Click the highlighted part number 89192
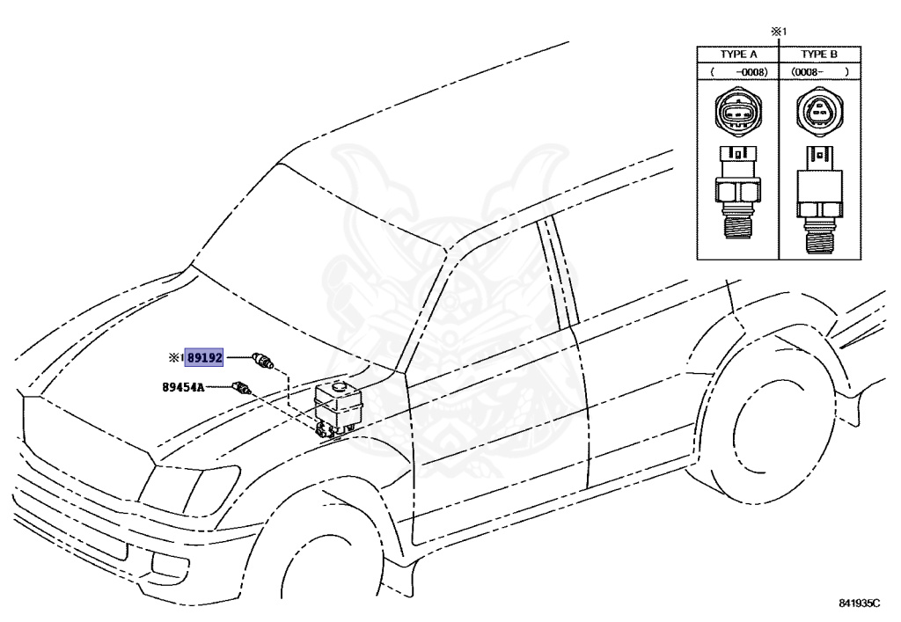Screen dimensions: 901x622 [x=204, y=358]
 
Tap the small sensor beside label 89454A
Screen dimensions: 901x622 [x=241, y=385]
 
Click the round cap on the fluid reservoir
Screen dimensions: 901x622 [x=338, y=384]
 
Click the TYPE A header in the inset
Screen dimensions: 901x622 [x=738, y=55]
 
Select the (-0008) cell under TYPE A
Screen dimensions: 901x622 [x=738, y=70]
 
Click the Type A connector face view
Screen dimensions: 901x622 [x=737, y=113]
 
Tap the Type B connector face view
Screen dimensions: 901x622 [x=819, y=113]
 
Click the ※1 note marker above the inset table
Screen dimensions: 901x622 [x=778, y=31]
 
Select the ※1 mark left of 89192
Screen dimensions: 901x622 [x=175, y=358]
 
